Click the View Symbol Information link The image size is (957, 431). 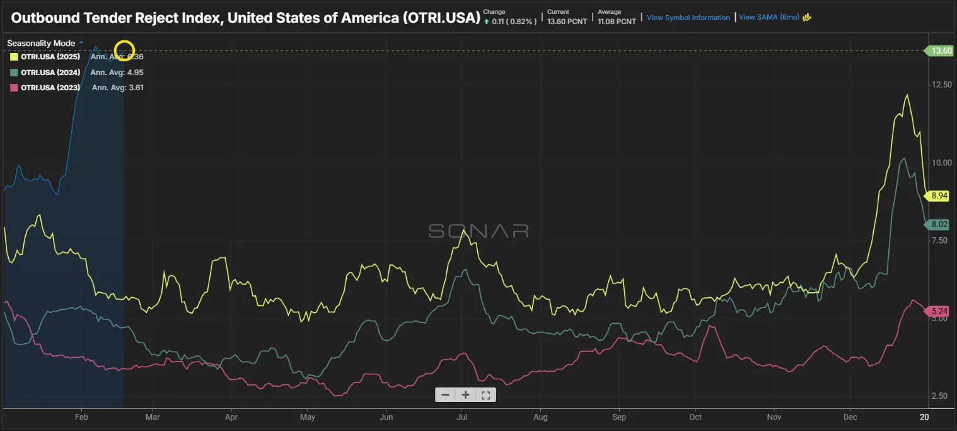(688, 18)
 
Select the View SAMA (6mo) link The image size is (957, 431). (768, 18)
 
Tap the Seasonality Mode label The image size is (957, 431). (42, 44)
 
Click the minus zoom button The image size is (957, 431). (445, 395)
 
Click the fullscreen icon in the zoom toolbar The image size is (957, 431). (485, 395)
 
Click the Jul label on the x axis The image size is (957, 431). (461, 417)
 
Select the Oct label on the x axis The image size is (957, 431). (695, 417)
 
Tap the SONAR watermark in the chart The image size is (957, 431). (478, 231)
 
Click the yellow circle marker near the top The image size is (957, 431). (125, 50)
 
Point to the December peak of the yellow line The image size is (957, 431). (907, 95)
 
